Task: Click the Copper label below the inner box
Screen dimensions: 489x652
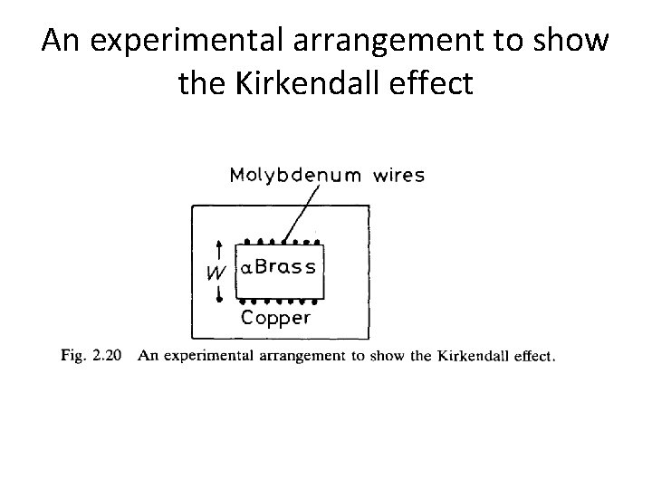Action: tap(276, 318)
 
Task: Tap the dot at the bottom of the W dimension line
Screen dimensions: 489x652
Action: tap(218, 299)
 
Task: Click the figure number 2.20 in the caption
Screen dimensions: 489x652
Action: tap(110, 356)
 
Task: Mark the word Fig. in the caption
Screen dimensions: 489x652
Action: tap(73, 356)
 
